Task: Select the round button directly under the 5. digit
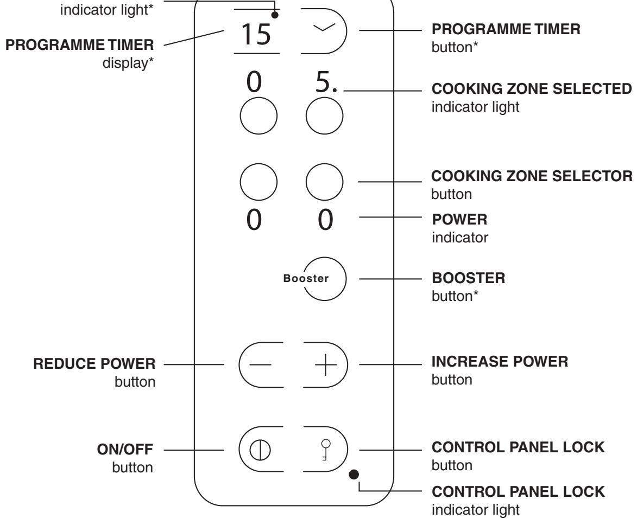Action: click(x=324, y=117)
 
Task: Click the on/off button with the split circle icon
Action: click(x=257, y=450)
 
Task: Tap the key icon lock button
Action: click(x=324, y=450)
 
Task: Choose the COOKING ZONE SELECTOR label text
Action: click(x=532, y=177)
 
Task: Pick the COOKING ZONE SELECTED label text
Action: click(x=532, y=88)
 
